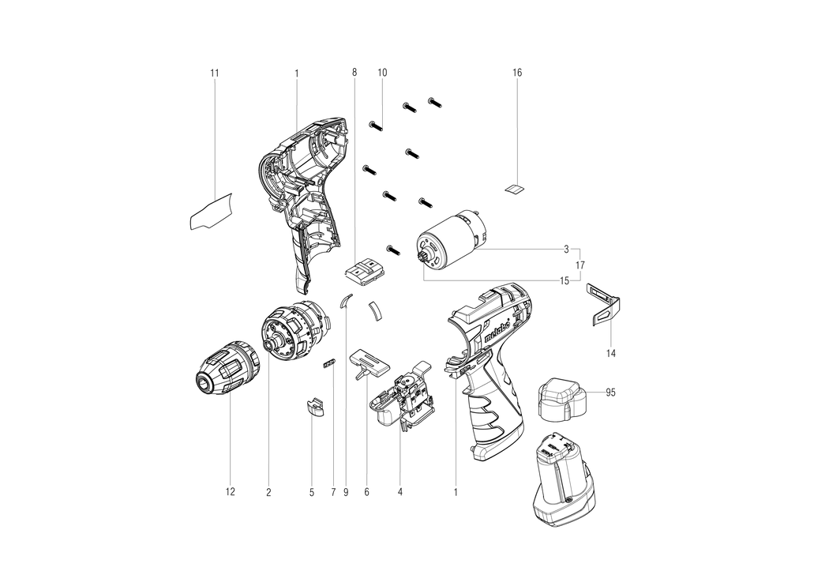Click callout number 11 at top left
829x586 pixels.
pos(214,73)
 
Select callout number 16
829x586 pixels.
pos(517,73)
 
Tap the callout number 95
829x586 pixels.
pos(610,393)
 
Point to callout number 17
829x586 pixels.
pos(580,265)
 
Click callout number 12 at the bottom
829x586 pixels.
pos(230,492)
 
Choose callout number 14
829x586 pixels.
pos(610,353)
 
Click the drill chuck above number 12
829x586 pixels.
pos(226,368)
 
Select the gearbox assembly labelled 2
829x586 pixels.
pos(296,331)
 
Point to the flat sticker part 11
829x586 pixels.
pos(211,212)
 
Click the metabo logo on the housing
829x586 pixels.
pos(497,333)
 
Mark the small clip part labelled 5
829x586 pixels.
pos(314,408)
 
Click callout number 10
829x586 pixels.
pos(382,73)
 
